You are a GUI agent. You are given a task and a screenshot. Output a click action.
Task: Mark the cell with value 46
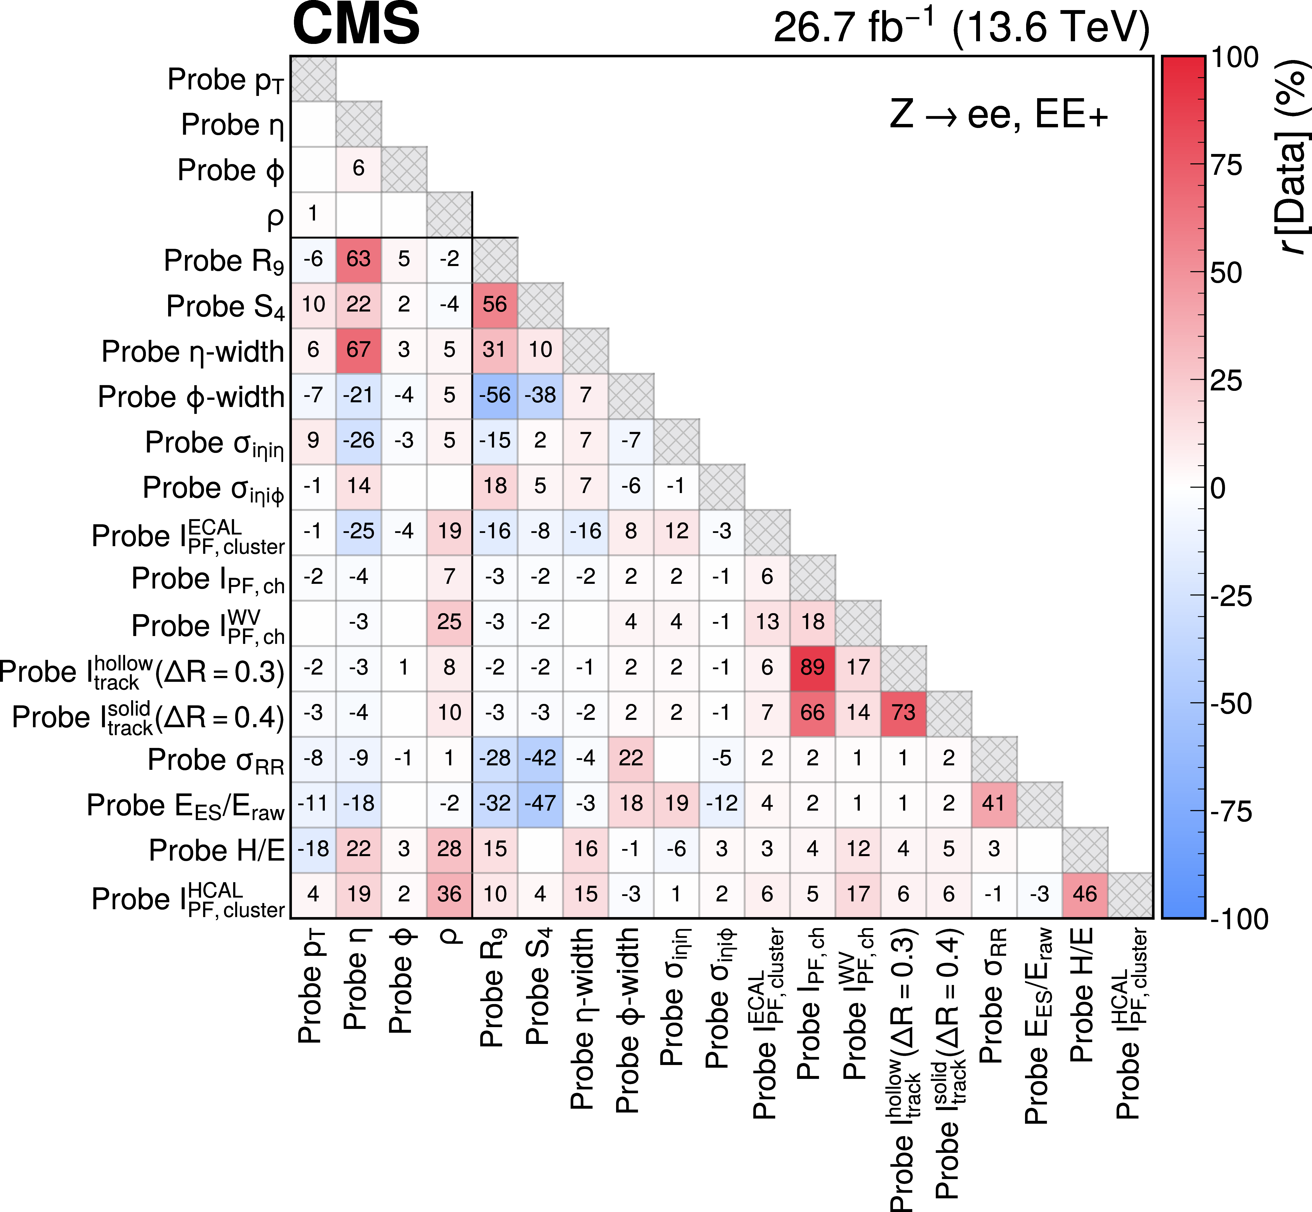click(1085, 895)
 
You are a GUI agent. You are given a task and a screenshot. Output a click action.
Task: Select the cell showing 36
click(449, 895)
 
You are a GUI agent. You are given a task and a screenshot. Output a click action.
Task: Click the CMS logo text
click(356, 24)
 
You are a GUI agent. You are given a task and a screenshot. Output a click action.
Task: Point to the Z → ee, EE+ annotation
click(998, 114)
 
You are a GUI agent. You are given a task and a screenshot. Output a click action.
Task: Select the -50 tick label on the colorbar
click(1231, 704)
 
